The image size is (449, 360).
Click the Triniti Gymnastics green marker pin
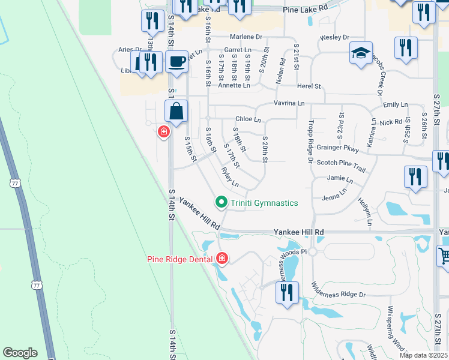tap(221, 202)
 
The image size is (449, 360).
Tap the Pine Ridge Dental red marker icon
tap(222, 259)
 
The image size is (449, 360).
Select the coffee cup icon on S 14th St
tap(176, 61)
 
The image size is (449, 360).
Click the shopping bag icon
tap(176, 111)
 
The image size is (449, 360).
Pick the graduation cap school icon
tap(361, 53)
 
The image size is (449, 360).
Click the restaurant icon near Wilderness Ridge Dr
tap(286, 293)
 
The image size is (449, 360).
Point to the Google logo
tap(20, 353)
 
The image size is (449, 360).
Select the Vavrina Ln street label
tap(289, 103)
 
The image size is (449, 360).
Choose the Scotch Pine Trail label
tap(341, 163)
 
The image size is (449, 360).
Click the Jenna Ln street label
tap(334, 196)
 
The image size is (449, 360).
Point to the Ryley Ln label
tap(230, 177)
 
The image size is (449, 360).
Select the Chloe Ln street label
tap(248, 119)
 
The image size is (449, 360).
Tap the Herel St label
tap(309, 86)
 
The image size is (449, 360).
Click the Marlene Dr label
tap(251, 37)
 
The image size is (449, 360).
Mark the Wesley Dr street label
tap(334, 37)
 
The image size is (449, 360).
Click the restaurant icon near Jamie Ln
tap(415, 177)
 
